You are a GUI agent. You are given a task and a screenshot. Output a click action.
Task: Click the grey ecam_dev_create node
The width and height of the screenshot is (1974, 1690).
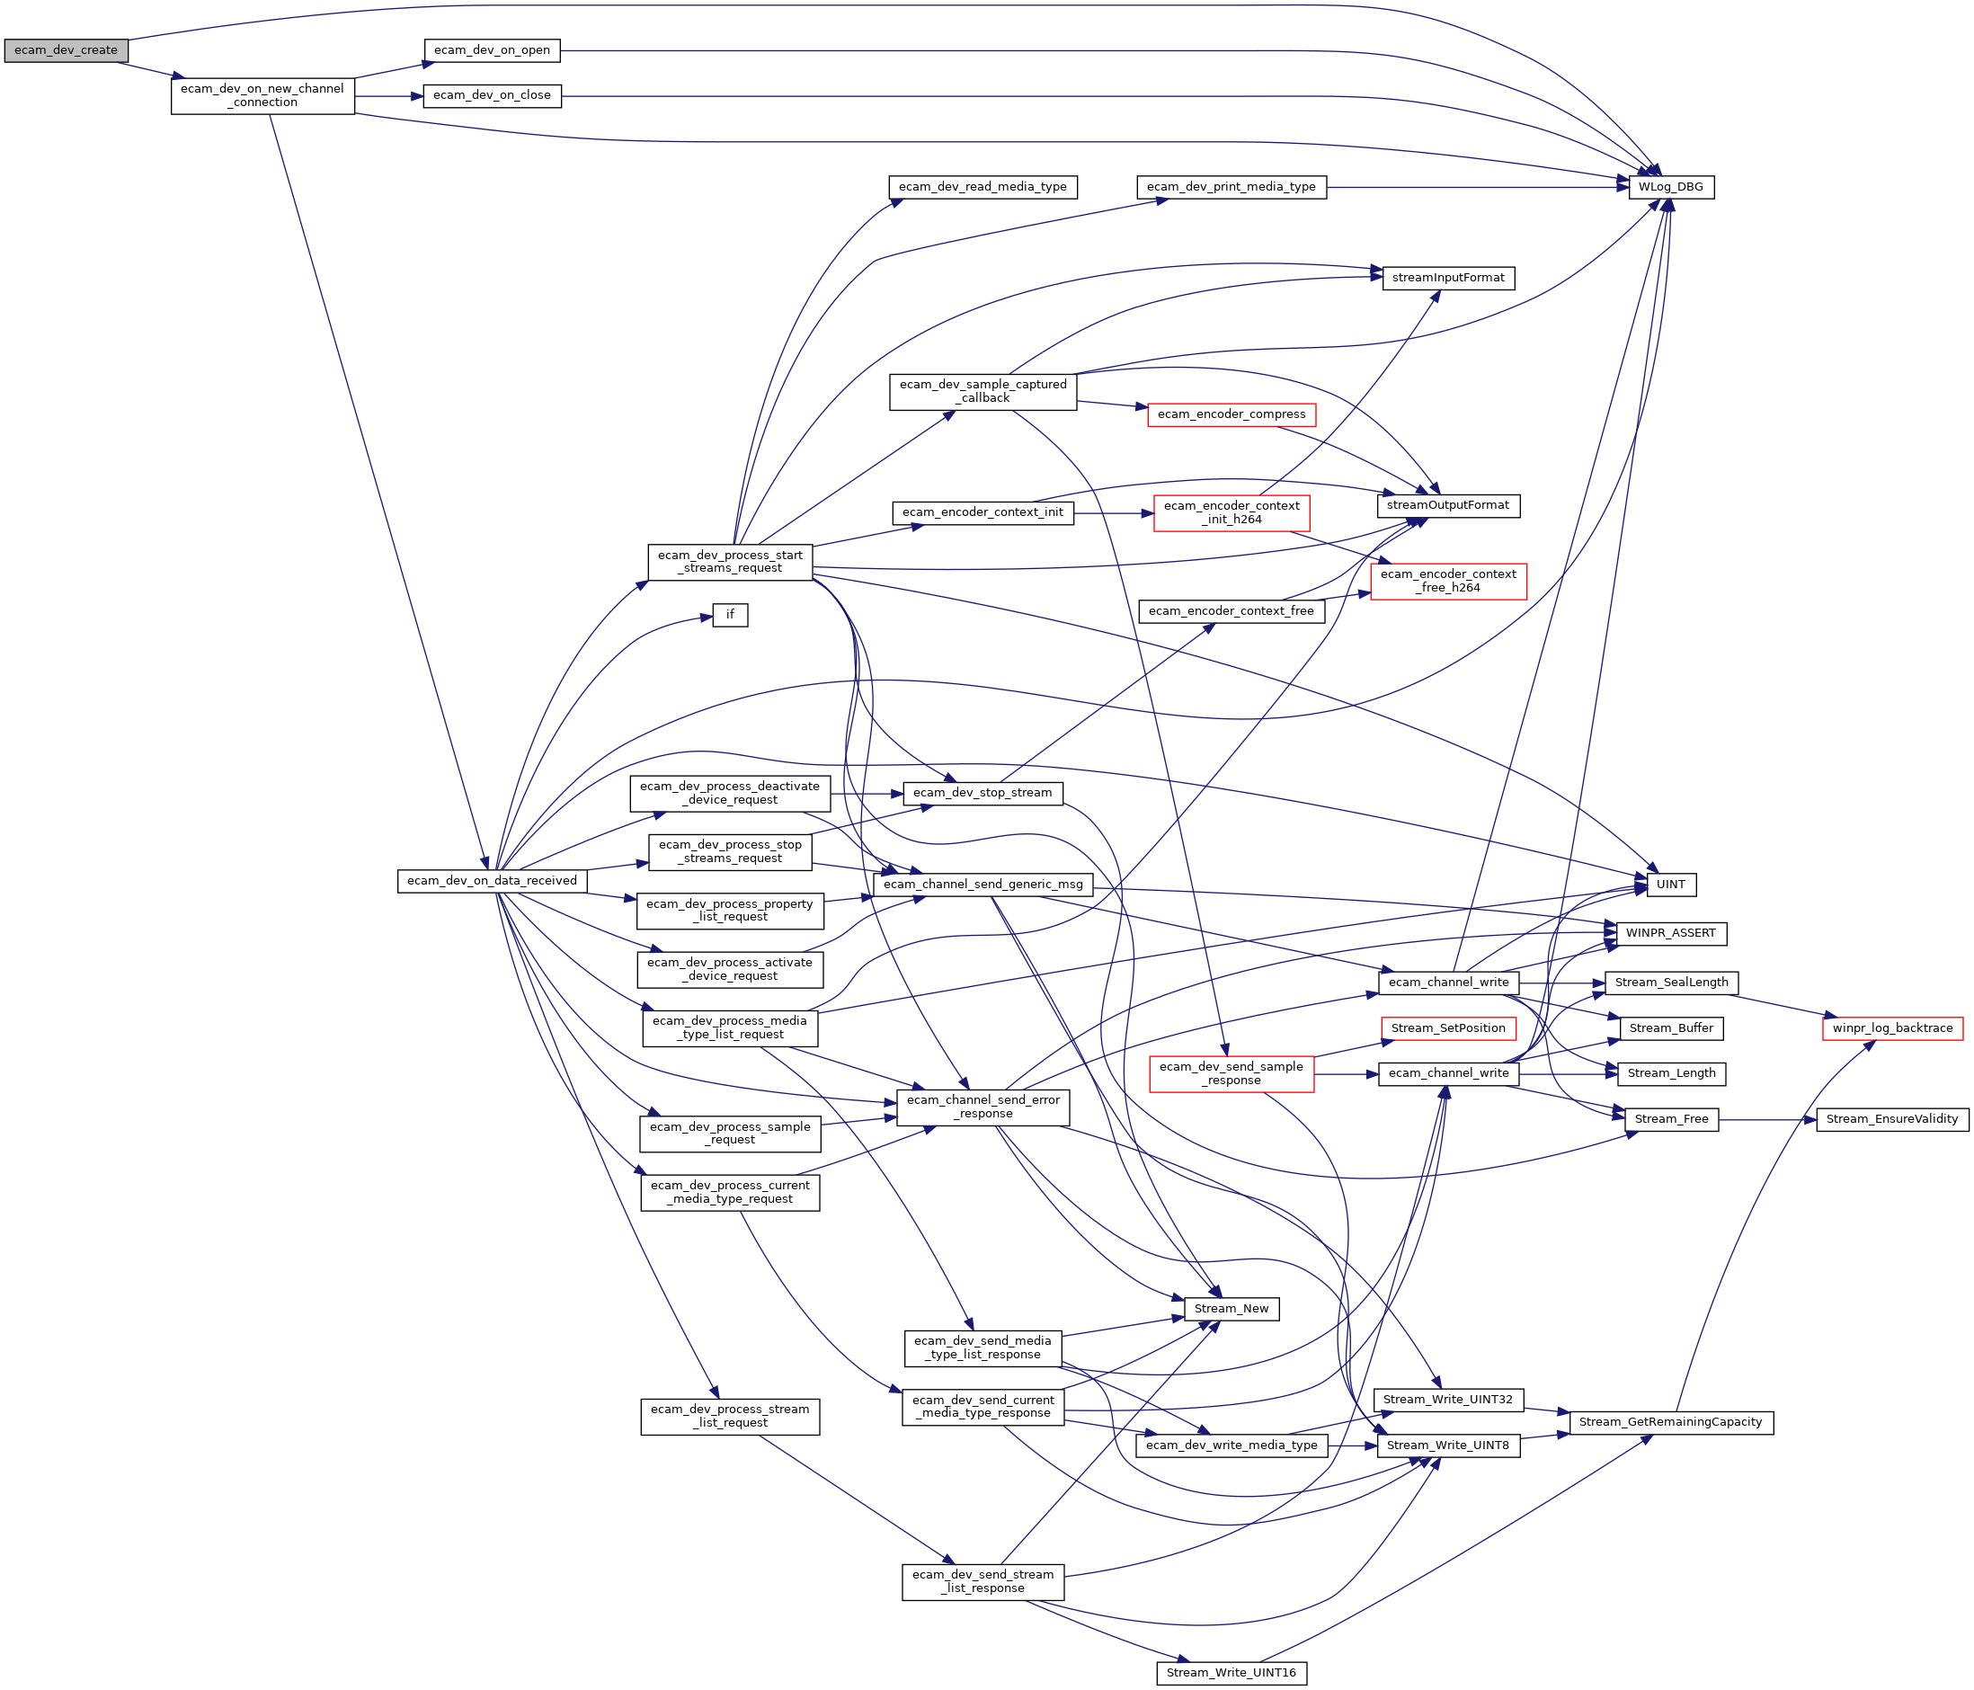66,50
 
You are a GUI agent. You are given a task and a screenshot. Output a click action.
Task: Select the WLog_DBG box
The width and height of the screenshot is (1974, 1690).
1671,188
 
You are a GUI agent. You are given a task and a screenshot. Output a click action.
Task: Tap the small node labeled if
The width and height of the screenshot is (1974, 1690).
730,616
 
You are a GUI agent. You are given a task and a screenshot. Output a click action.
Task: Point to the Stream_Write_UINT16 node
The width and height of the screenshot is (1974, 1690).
1231,1673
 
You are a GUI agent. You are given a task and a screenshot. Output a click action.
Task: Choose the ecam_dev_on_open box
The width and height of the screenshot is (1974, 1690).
492,50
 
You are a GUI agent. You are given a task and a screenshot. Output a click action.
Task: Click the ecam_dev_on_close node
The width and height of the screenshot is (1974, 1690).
492,95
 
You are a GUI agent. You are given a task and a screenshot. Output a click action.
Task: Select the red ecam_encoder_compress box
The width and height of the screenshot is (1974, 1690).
1231,414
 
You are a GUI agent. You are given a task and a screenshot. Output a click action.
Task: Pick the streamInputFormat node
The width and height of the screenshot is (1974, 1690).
1448,278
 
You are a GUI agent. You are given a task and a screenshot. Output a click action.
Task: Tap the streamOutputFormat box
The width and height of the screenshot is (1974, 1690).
1448,506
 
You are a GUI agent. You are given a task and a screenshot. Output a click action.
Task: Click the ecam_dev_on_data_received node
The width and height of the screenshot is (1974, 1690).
492,881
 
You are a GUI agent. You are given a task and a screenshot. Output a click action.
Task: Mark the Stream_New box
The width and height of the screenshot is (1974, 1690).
1231,1309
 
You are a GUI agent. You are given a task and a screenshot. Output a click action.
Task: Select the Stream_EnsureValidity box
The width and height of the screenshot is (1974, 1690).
1892,1119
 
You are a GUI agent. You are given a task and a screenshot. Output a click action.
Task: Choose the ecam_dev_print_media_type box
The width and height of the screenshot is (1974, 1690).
1231,188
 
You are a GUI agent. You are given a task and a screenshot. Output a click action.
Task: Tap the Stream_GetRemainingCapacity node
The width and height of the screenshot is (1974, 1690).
1670,1422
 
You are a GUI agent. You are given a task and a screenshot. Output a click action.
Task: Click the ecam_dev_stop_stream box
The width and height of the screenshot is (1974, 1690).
983,793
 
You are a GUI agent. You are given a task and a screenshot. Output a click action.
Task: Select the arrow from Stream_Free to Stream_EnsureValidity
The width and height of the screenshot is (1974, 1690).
1767,1119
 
